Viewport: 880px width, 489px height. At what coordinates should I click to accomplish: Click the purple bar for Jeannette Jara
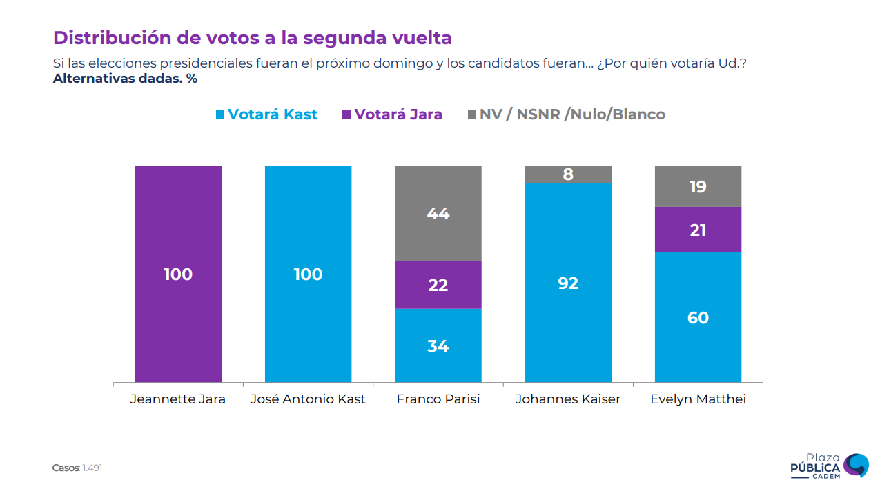point(178,274)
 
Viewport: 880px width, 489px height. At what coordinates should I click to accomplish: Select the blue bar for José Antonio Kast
point(308,274)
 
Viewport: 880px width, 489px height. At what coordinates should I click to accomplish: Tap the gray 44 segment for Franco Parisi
point(438,213)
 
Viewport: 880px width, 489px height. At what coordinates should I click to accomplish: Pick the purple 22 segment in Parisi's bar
point(438,285)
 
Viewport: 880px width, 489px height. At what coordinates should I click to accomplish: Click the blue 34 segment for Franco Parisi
point(438,345)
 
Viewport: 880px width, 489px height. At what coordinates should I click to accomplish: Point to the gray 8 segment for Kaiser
point(568,174)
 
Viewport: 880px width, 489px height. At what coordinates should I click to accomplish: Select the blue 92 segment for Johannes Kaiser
point(568,283)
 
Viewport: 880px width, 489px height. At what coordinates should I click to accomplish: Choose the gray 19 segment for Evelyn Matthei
point(698,186)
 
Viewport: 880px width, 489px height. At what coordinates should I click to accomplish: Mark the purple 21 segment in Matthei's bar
point(698,230)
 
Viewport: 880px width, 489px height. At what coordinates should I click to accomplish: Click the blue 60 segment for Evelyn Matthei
point(698,317)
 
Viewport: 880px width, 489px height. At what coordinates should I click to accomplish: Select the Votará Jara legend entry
point(392,114)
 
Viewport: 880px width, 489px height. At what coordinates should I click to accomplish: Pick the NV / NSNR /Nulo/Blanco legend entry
point(566,114)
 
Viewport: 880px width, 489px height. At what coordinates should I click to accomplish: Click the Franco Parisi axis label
point(438,399)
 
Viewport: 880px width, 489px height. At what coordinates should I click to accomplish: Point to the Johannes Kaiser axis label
point(568,399)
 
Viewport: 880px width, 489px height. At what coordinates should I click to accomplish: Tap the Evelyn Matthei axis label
point(698,399)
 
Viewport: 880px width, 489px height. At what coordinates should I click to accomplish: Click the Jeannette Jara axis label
point(178,399)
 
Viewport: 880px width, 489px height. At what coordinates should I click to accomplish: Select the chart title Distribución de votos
point(253,37)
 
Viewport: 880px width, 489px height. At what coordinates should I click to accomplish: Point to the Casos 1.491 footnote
point(77,468)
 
